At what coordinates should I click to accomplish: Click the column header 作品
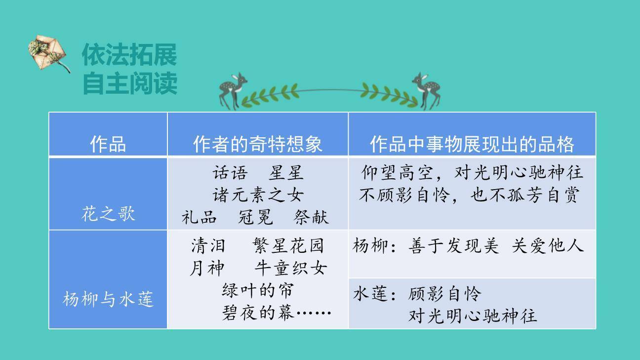click(108, 144)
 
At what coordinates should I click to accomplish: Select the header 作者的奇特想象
click(257, 144)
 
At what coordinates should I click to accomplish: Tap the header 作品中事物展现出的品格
click(472, 144)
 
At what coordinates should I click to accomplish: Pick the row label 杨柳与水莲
click(108, 299)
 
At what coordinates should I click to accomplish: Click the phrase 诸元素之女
click(257, 195)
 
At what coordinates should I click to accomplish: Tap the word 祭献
click(311, 217)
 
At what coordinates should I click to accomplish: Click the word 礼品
click(199, 217)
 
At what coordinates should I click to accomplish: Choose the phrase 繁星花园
click(288, 245)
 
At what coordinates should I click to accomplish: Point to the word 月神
click(207, 268)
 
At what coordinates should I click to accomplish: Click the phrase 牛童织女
click(290, 268)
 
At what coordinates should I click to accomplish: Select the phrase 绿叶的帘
click(258, 290)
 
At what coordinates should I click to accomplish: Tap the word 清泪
click(208, 245)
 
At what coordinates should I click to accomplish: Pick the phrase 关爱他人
click(548, 245)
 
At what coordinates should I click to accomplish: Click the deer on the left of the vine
click(233, 90)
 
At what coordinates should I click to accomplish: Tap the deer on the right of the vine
click(427, 90)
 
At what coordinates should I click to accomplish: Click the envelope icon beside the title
click(48, 53)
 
